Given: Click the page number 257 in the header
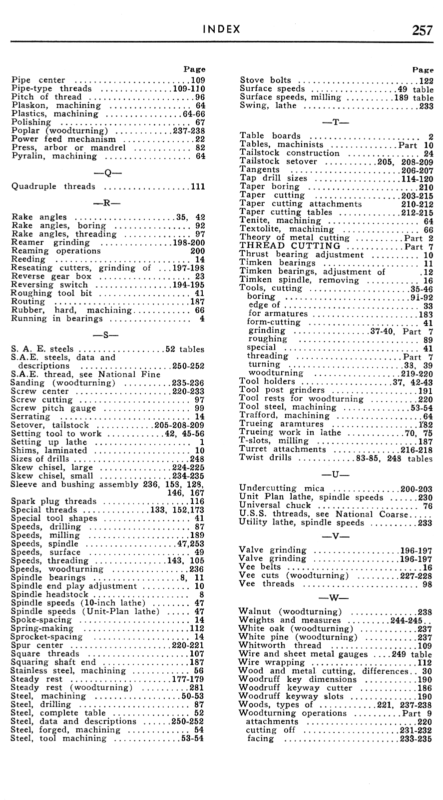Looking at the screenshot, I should coord(422,30).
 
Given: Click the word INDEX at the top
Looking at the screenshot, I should coord(221,29).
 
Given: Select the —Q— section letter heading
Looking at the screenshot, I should coord(108,173).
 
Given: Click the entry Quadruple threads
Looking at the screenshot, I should coord(53,186).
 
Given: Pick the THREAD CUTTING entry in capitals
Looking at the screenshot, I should coord(290,246).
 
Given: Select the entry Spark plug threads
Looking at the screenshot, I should coord(53,501).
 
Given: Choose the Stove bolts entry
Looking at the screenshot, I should coord(265,80).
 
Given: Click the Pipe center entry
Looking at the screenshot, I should coord(38,80).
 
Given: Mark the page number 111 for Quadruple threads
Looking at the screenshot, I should coord(198,187).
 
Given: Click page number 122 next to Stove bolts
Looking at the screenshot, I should coord(426,80).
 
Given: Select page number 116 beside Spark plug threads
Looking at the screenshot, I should coord(197,501).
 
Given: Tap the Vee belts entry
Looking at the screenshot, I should coord(260,567).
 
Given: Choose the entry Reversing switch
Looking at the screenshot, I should coord(49,285).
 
